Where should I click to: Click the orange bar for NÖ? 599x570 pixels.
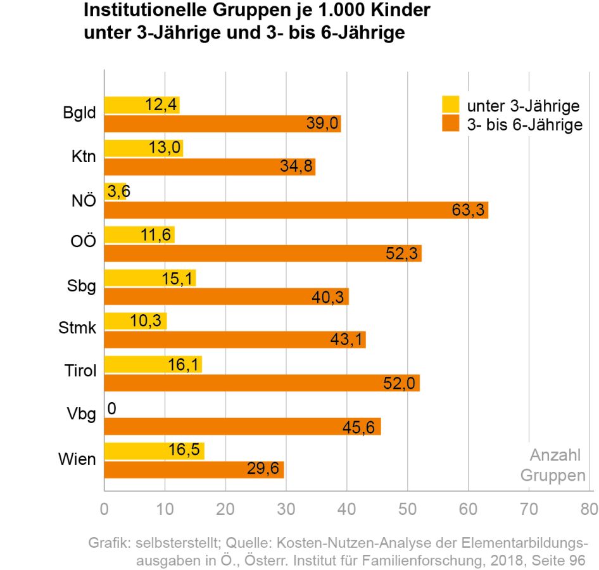coord(296,210)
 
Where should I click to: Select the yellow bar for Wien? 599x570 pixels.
coord(154,450)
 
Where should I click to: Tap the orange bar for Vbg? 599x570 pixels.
coord(242,427)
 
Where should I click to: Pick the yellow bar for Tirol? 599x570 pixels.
coord(153,364)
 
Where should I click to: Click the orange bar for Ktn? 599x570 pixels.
coord(209,167)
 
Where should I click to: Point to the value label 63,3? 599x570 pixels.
coord(468,210)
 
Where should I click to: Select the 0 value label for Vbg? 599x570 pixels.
coord(111,408)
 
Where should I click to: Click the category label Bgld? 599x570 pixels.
coord(80,114)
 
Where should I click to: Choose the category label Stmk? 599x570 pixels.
coord(77,328)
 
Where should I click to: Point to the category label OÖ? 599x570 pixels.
coord(84,243)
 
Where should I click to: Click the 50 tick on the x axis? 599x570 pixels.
coord(407,509)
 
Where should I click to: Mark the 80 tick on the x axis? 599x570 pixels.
coord(589,509)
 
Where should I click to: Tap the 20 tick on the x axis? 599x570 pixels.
coord(225,509)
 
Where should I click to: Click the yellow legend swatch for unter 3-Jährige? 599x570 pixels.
coord(450,104)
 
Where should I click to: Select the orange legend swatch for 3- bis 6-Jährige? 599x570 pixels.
coord(450,123)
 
